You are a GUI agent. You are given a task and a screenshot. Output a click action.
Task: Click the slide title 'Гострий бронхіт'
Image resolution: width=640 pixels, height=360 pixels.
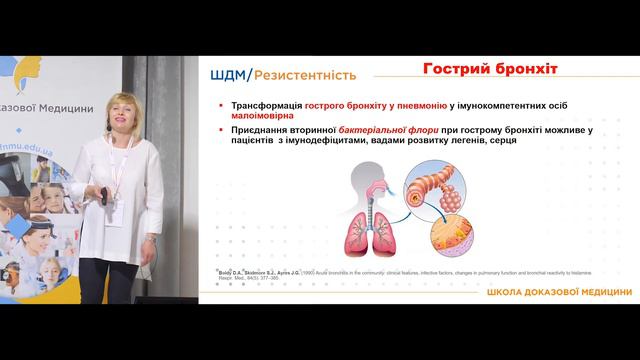click(490, 69)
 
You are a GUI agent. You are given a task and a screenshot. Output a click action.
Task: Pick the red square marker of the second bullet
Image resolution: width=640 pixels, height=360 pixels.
click(220, 131)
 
